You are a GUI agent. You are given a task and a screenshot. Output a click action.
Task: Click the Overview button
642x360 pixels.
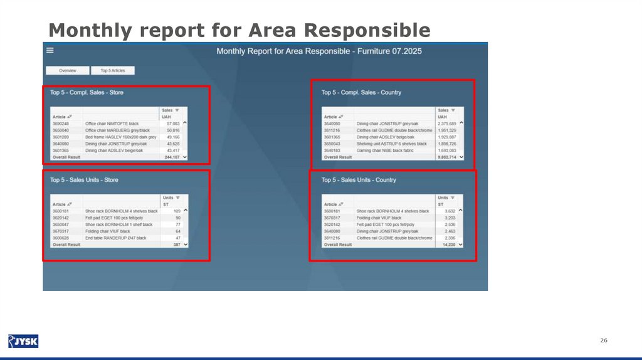click(x=68, y=71)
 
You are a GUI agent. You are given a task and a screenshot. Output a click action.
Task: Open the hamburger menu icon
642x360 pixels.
click(x=50, y=50)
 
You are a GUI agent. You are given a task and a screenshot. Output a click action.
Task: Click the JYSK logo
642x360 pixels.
click(x=23, y=341)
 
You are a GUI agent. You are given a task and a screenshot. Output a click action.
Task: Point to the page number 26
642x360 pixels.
click(x=604, y=340)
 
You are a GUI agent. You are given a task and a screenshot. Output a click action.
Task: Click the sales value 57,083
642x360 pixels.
click(x=171, y=124)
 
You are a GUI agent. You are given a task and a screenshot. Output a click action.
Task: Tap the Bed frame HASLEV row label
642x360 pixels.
click(x=120, y=137)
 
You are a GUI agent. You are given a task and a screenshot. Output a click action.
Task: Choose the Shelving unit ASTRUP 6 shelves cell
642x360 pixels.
click(x=391, y=144)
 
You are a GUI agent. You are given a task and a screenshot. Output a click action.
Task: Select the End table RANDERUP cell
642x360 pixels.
click(x=115, y=238)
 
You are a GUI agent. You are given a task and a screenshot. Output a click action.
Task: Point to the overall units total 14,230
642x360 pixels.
click(x=447, y=245)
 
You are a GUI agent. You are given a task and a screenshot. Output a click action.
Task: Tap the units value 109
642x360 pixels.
click(x=176, y=211)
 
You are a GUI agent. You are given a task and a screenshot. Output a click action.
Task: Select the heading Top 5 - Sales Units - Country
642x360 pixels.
click(x=359, y=180)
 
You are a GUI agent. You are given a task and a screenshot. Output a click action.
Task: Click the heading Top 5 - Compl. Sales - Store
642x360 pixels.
click(x=87, y=92)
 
